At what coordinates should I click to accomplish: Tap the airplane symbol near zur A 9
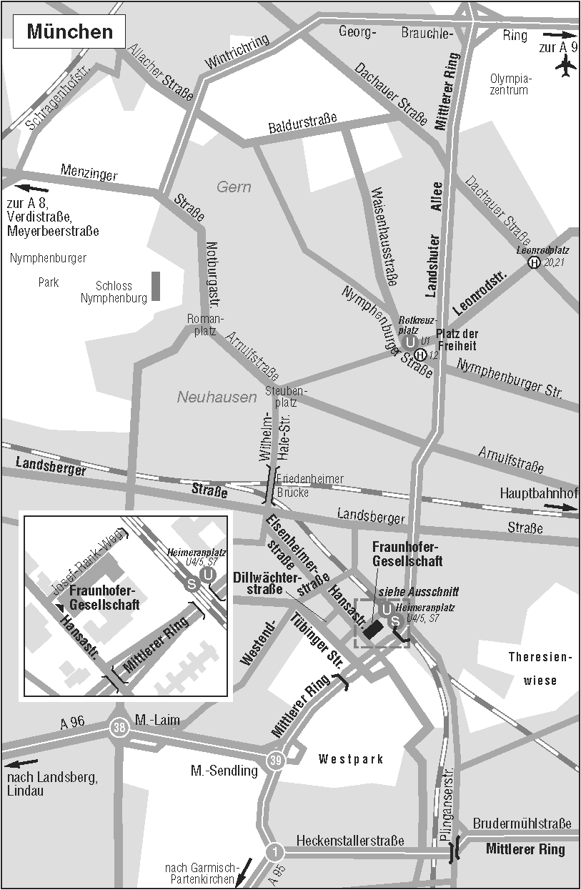click(565, 66)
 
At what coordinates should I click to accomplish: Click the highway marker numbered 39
click(276, 761)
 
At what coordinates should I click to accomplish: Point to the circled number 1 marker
click(275, 852)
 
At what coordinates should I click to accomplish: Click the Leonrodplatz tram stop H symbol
click(534, 263)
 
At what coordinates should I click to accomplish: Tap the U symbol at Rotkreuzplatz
click(410, 342)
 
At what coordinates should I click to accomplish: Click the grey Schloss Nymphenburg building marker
click(155, 286)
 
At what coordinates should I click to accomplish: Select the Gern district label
click(234, 187)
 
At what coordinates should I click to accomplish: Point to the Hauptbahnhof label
click(538, 493)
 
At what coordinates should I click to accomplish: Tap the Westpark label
click(351, 759)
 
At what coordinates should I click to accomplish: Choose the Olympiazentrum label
click(510, 84)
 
